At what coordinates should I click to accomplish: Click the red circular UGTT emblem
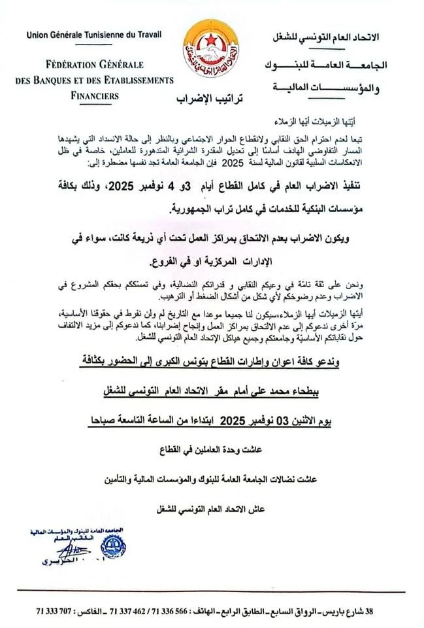click(211, 50)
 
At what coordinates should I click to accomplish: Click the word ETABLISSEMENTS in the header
click(131, 80)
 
